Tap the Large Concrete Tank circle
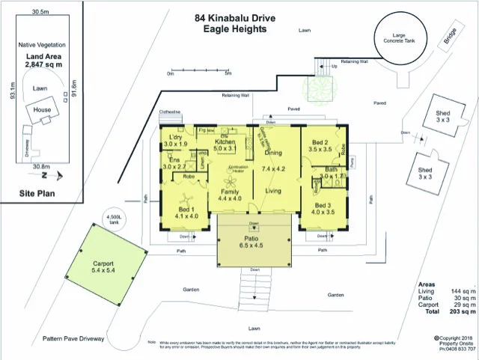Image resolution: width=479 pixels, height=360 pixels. (397, 38)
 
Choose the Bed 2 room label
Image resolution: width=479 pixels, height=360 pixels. (320, 145)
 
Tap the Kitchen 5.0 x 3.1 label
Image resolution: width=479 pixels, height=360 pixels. (227, 145)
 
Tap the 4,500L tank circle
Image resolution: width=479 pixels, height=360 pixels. (115, 218)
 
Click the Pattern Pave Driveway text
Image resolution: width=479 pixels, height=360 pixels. (73, 338)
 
